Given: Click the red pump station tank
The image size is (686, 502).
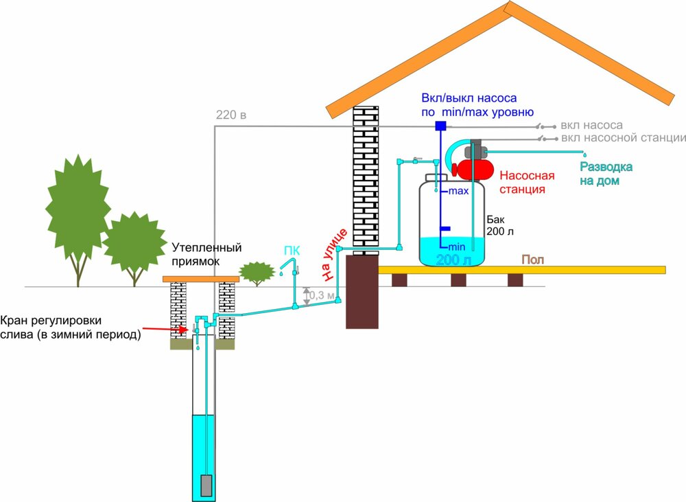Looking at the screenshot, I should click(x=474, y=168).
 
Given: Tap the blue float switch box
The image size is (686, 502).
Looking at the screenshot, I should click(x=440, y=126).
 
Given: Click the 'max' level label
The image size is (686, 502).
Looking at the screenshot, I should click(x=458, y=191).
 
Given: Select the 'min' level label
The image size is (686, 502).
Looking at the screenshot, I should click(x=458, y=246).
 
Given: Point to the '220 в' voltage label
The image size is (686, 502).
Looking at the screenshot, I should click(x=230, y=115).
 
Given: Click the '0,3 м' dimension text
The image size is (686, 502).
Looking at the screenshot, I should click(x=322, y=295).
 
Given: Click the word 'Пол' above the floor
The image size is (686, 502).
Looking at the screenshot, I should click(x=533, y=259).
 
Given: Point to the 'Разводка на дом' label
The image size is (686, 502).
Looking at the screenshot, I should click(x=606, y=174).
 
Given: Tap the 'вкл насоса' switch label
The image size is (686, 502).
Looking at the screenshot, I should click(x=591, y=125).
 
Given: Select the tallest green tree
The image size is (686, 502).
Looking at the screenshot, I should click(x=78, y=206).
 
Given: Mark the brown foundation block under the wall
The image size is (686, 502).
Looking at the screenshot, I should click(x=362, y=292).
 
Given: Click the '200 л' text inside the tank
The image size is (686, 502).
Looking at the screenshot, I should click(x=453, y=260).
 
